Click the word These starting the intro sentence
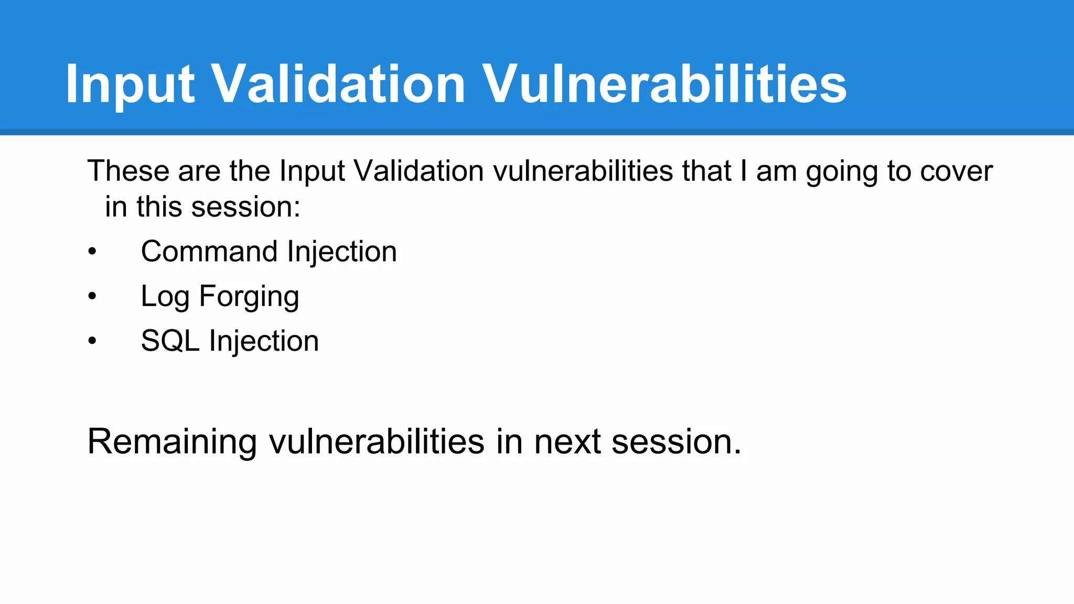[x=128, y=171]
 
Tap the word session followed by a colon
[x=245, y=207]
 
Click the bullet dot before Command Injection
[x=92, y=252]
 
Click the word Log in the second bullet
[x=165, y=297]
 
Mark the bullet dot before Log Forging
[x=92, y=297]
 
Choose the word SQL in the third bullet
[x=170, y=341]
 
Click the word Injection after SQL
[x=264, y=341]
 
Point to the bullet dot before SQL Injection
[x=92, y=341]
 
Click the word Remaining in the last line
[x=172, y=442]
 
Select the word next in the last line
[x=567, y=442]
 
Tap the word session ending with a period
[x=676, y=442]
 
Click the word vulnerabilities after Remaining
[x=377, y=442]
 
